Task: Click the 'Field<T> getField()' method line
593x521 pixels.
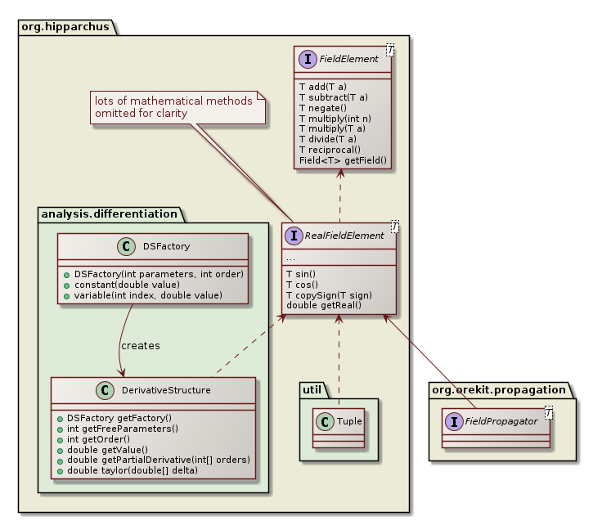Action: tap(343, 161)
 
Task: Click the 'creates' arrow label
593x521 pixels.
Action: tap(141, 346)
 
